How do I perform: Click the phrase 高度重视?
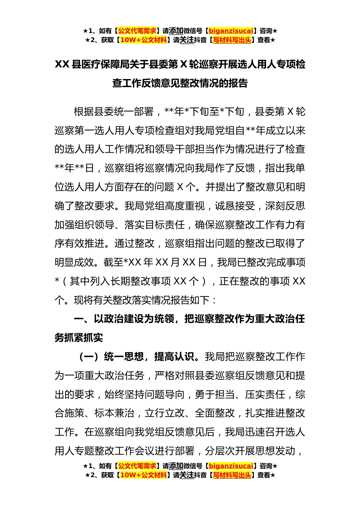click(x=185, y=206)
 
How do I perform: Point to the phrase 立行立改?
click(x=165, y=413)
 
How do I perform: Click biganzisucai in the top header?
click(x=231, y=31)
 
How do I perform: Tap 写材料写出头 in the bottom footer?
click(x=232, y=475)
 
